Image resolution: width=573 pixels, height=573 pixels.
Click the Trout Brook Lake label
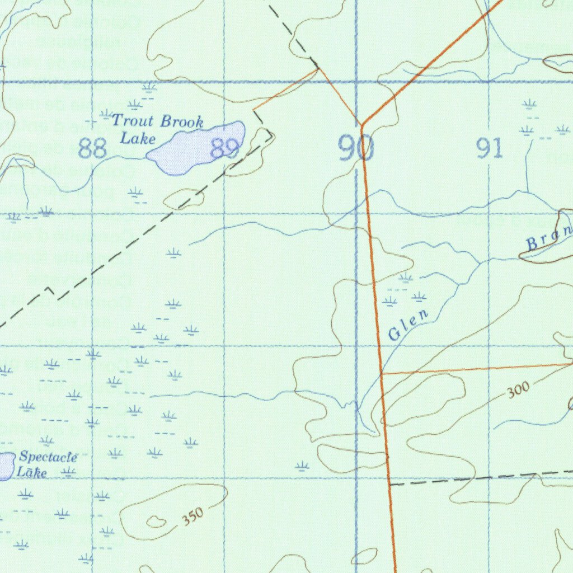coord(157,128)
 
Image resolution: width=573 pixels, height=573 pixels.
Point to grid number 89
coord(225,149)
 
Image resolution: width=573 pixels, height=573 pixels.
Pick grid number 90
coord(356,149)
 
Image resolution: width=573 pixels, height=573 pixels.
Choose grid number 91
coord(489,149)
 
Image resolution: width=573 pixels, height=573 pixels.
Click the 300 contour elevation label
coord(519,391)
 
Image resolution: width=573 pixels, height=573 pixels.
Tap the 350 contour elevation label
coord(192,516)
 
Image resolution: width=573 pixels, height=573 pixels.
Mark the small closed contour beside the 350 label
coord(156,522)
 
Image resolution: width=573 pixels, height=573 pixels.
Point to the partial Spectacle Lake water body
coord(6,466)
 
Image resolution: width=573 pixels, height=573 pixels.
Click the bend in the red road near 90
coord(362,125)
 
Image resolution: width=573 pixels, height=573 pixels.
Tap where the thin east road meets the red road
coord(381,373)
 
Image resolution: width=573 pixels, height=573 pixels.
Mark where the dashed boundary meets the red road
coord(389,484)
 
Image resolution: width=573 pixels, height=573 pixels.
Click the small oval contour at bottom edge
coord(364,557)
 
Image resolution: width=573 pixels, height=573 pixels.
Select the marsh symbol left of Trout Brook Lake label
coord(106,115)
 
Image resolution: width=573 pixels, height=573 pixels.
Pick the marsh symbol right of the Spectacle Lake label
coord(69,471)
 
